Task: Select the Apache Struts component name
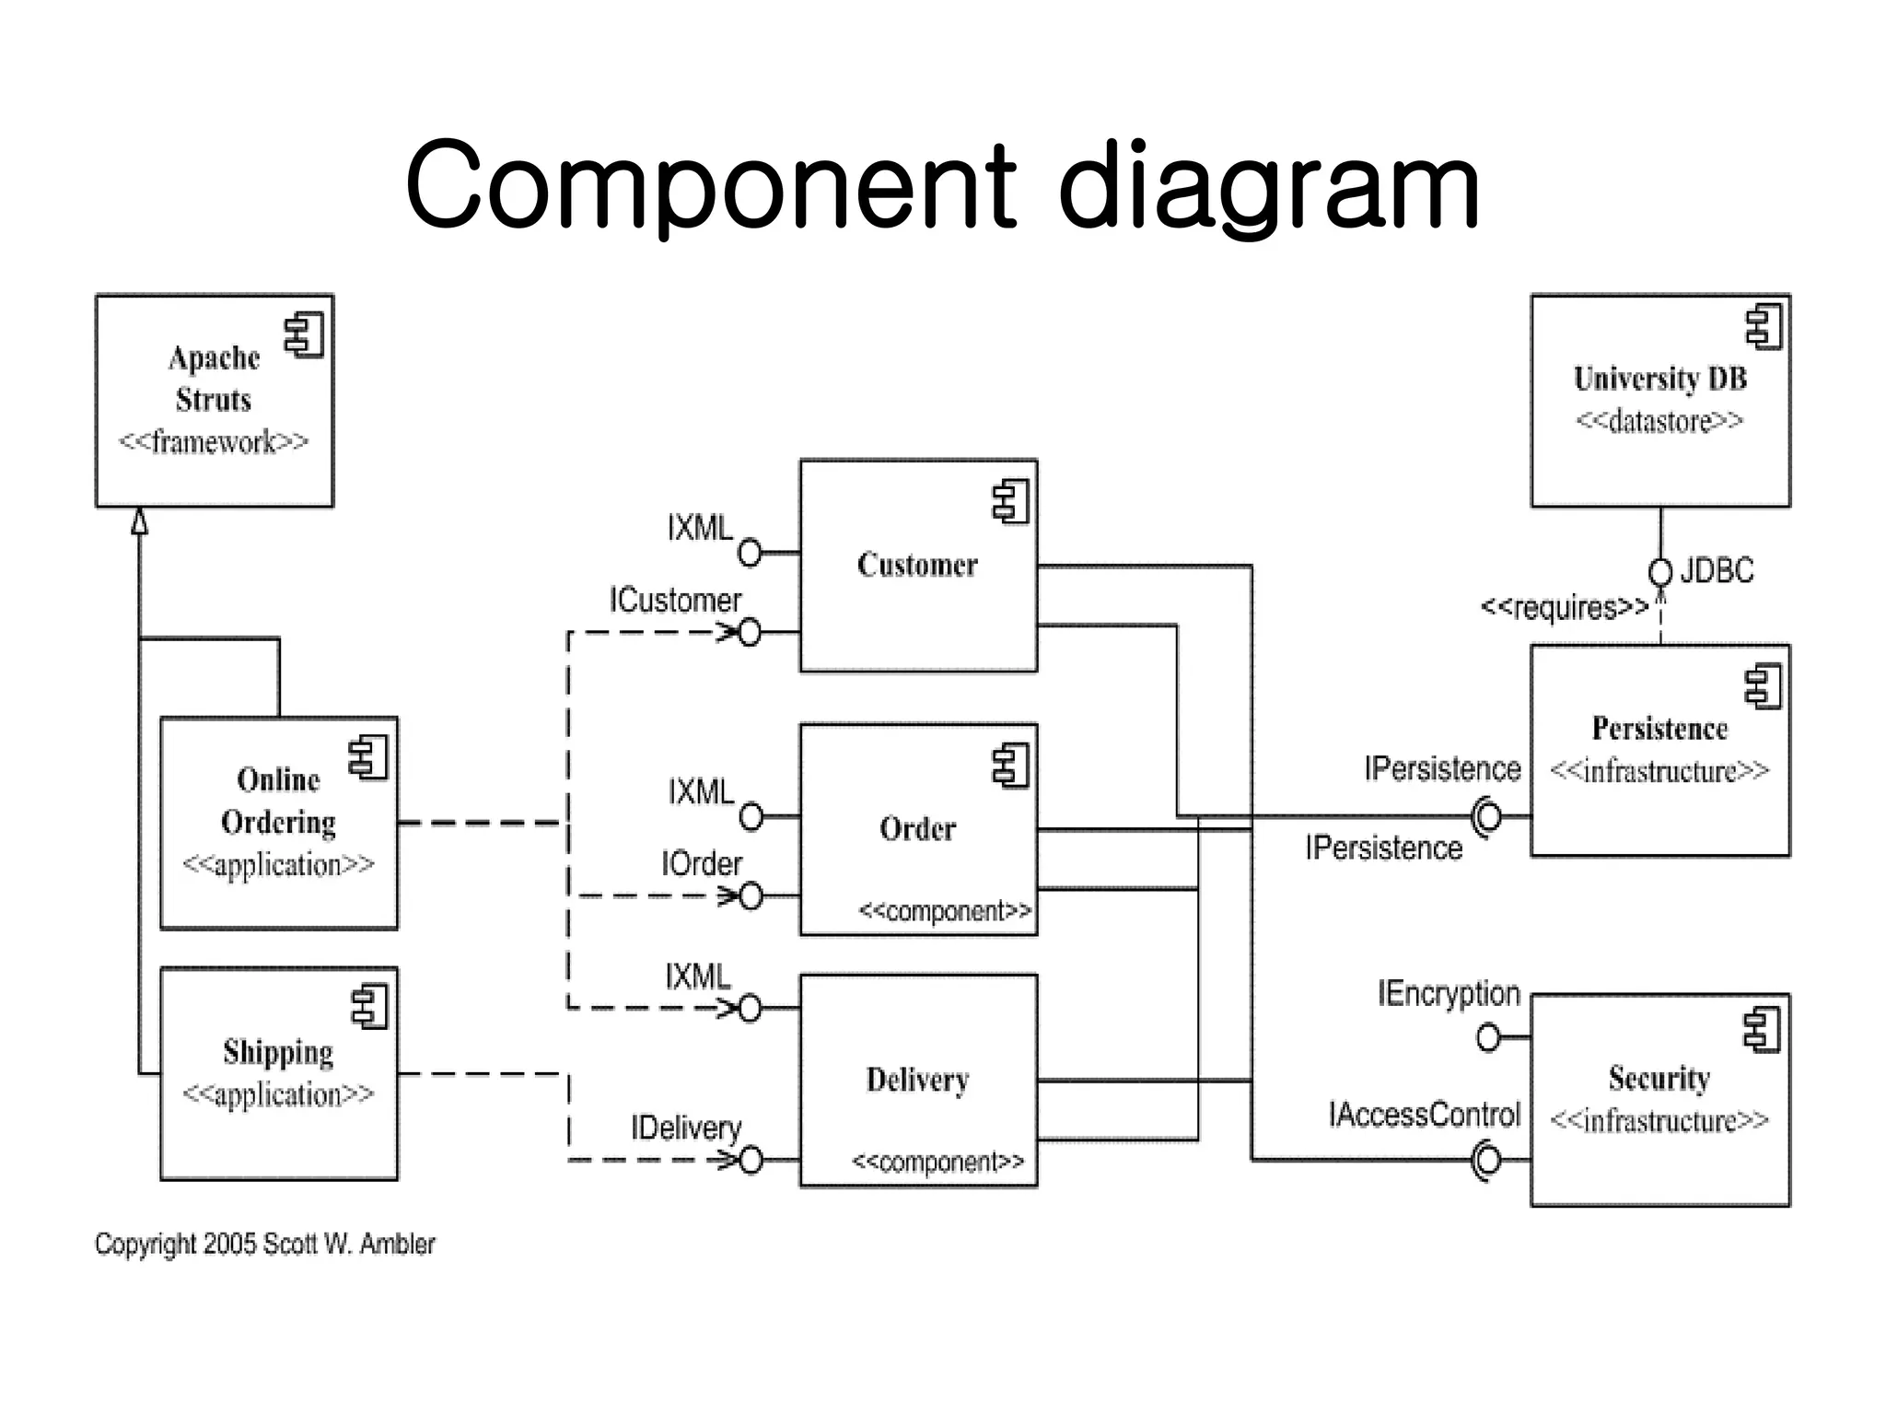point(214,379)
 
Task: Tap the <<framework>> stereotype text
point(214,442)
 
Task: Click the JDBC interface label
point(1717,571)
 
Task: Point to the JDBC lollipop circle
point(1659,573)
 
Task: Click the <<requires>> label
point(1564,608)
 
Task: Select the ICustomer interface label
point(675,601)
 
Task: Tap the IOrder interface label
point(702,864)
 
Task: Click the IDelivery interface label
point(686,1128)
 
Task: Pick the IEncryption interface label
point(1449,994)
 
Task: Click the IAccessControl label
point(1424,1115)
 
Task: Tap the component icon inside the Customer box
point(1010,502)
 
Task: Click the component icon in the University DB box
point(1764,327)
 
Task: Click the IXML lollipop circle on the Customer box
point(750,553)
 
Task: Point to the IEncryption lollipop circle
point(1488,1038)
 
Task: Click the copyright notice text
point(264,1245)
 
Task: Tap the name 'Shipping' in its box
point(278,1052)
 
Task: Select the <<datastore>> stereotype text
point(1659,422)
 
